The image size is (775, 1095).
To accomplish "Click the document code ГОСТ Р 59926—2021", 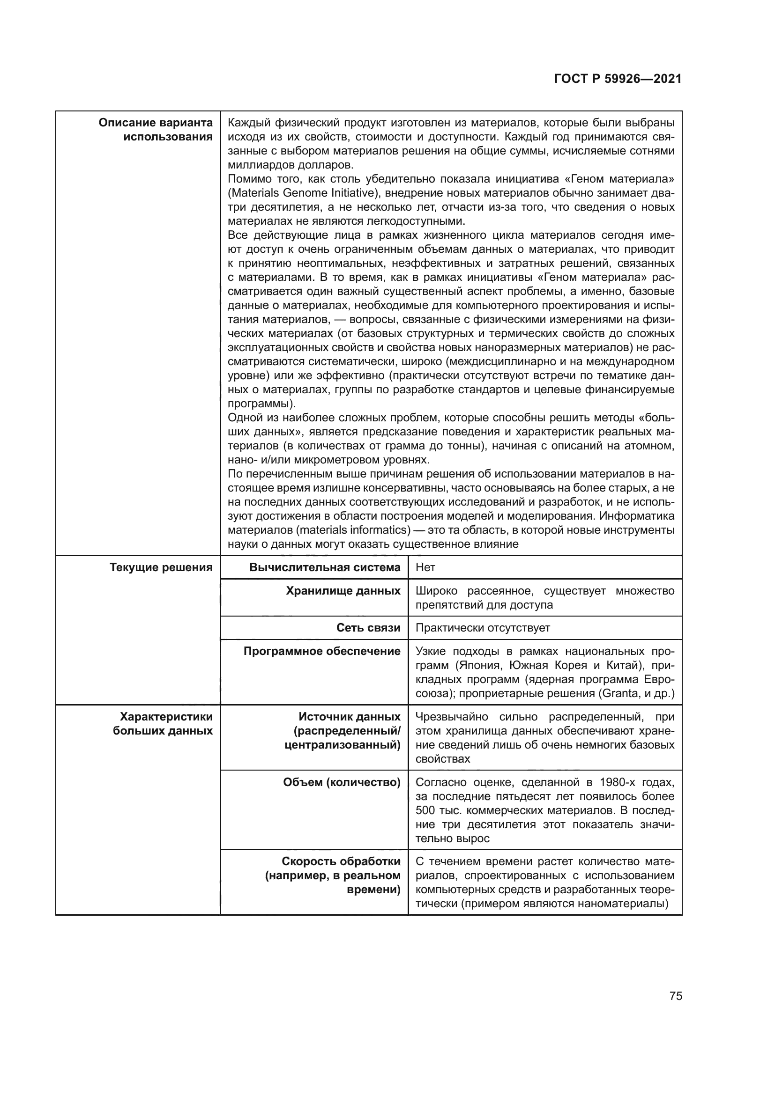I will [618, 79].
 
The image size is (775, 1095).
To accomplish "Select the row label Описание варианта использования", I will [156, 130].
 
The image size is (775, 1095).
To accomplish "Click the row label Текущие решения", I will [161, 567].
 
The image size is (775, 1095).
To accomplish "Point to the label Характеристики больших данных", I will [163, 723].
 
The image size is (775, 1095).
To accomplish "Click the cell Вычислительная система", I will [325, 567].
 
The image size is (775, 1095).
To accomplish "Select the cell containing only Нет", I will [425, 567].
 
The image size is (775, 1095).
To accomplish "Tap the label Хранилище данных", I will [343, 591].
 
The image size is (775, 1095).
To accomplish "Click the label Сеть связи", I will [368, 628].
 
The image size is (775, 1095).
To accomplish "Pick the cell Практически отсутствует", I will [483, 628].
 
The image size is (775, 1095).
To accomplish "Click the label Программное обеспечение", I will [321, 651].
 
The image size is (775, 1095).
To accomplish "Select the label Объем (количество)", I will [341, 782].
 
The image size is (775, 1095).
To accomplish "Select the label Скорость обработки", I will [341, 861].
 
